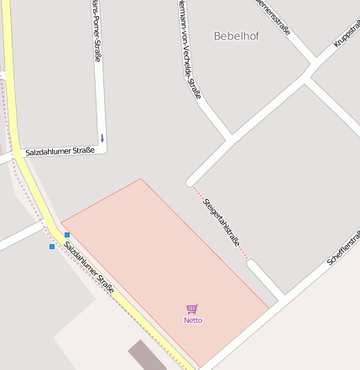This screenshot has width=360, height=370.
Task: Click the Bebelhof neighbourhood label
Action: pyautogui.click(x=237, y=36)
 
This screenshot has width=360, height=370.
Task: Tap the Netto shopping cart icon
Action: pyautogui.click(x=192, y=309)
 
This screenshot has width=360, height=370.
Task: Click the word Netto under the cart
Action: pyautogui.click(x=193, y=320)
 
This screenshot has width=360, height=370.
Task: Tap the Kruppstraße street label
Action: pyautogui.click(x=347, y=30)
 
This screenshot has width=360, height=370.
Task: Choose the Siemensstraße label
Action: pyautogui.click(x=274, y=17)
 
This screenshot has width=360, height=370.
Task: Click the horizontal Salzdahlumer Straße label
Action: pyautogui.click(x=60, y=152)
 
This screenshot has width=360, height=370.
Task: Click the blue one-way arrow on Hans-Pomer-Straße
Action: pyautogui.click(x=102, y=138)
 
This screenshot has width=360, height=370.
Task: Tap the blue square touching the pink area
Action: pyautogui.click(x=67, y=234)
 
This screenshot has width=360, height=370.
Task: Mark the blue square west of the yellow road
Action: pyautogui.click(x=52, y=247)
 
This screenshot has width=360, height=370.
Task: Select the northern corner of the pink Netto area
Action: pyautogui.click(x=140, y=180)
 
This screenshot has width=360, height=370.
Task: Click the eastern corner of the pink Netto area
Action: pyautogui.click(x=269, y=307)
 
